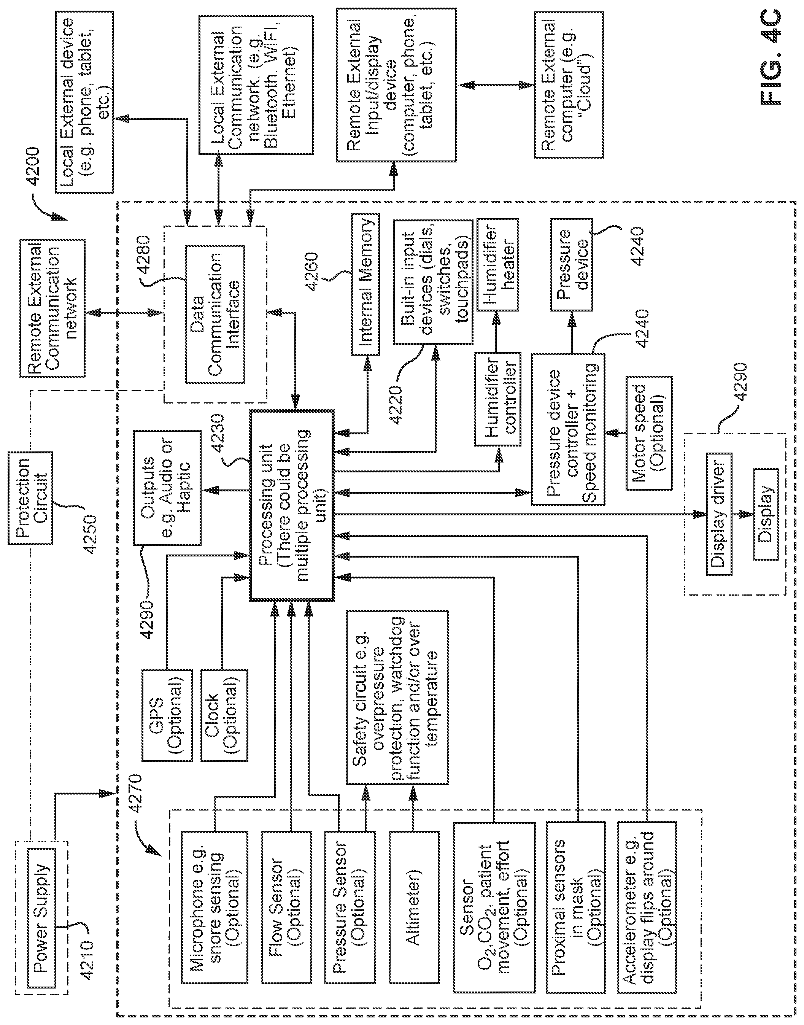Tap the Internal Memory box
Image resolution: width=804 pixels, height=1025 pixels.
coord(365,284)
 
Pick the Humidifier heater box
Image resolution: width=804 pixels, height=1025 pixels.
coord(498,264)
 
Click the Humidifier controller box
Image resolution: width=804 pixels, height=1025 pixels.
coord(498,399)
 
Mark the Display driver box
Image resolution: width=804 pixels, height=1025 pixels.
coord(719,514)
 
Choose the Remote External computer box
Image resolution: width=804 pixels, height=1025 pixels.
coord(569,85)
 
